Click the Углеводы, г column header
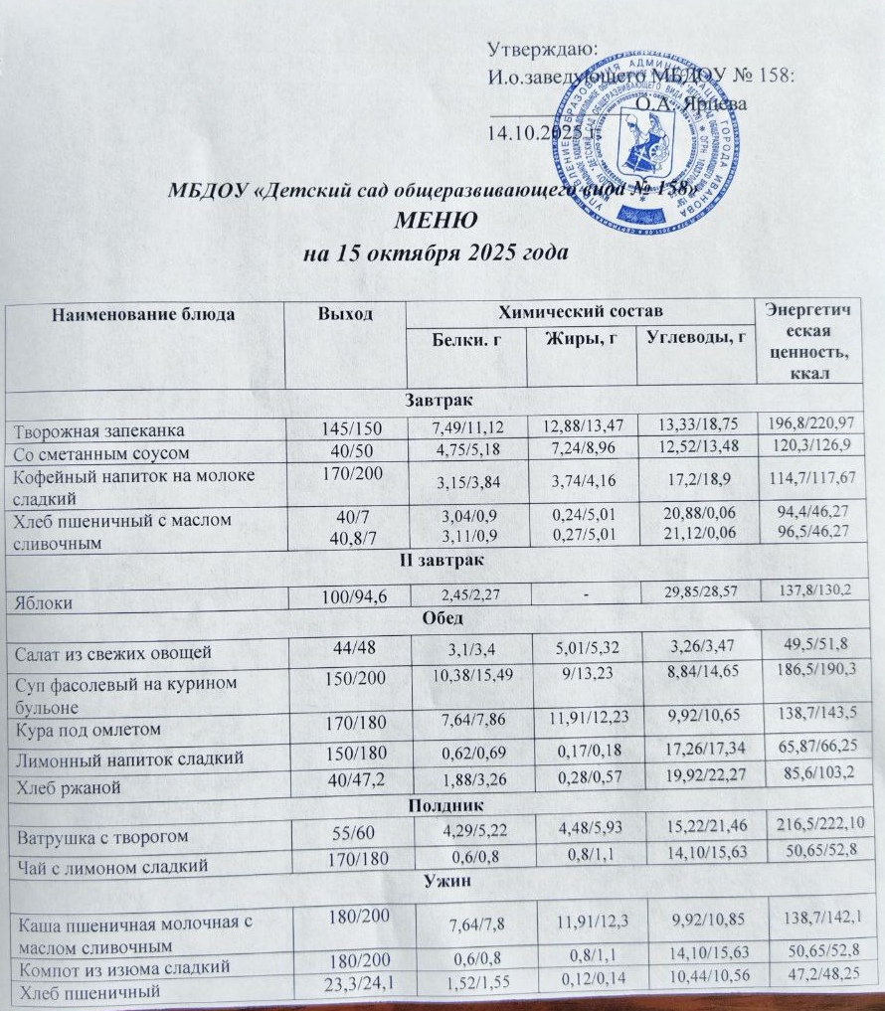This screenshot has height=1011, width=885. (696, 335)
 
